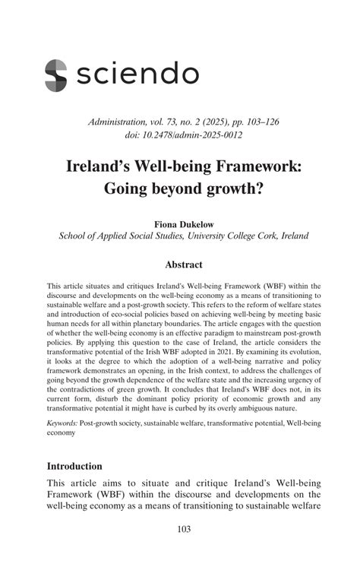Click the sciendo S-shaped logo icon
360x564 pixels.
coord(55,74)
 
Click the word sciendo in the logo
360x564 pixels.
coord(138,74)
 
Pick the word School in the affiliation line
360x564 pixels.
coord(74,236)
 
